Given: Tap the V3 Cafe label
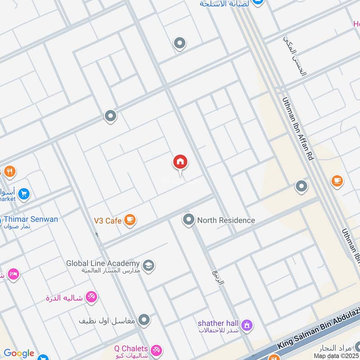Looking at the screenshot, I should (x=108, y=220).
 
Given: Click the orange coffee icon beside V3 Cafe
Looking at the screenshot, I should (x=130, y=220).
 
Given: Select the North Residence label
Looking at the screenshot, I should (x=226, y=220).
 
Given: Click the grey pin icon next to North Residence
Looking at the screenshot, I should (x=189, y=220).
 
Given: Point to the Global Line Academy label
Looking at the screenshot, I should (x=103, y=263).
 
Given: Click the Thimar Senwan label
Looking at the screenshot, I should (x=31, y=220).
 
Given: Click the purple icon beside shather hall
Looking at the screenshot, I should (x=247, y=324).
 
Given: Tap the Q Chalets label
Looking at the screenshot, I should (x=131, y=348).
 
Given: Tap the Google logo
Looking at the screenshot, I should (x=19, y=353).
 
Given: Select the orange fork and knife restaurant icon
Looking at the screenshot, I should (x=9, y=171).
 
